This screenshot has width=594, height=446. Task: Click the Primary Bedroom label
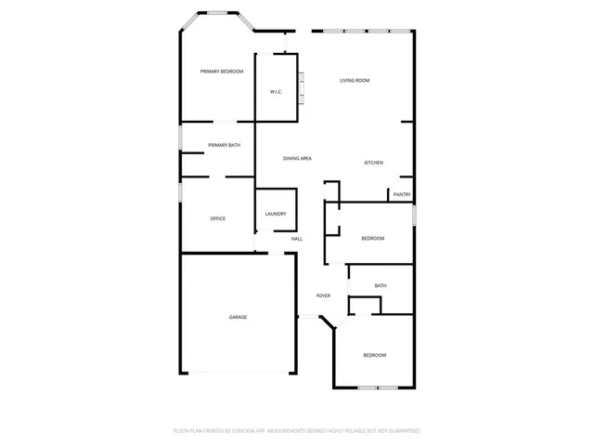(x=222, y=72)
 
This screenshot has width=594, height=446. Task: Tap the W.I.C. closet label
(x=276, y=91)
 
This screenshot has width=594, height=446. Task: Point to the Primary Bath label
(x=224, y=145)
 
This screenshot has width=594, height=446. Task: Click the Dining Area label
(x=297, y=159)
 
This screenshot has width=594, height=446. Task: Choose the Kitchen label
(x=373, y=163)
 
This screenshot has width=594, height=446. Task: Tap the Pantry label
(x=402, y=194)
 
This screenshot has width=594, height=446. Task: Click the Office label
(x=218, y=218)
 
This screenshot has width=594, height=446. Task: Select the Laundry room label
(x=276, y=214)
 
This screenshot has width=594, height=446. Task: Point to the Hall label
(x=297, y=239)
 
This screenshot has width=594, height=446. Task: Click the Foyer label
(x=323, y=295)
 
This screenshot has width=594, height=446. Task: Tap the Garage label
(x=238, y=318)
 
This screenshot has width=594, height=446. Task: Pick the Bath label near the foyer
(x=381, y=285)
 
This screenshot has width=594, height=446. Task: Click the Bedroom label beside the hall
(x=372, y=239)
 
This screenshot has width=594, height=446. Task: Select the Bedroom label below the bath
(x=374, y=355)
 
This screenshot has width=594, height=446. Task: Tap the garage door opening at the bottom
(x=238, y=372)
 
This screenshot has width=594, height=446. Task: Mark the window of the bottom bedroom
(x=378, y=387)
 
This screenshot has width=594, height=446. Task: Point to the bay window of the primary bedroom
(x=221, y=13)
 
